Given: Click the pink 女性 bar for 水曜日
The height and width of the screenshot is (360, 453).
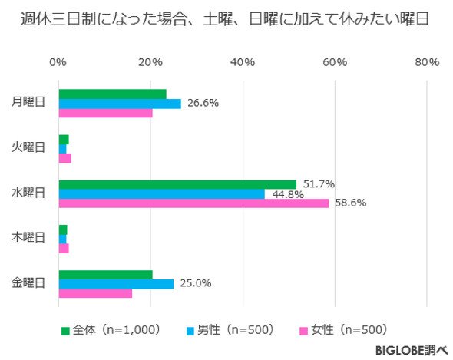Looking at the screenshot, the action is (x=193, y=203).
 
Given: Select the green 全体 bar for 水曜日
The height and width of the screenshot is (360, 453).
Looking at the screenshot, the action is (x=177, y=185).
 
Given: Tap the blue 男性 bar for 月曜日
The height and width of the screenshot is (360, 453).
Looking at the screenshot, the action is (x=120, y=104).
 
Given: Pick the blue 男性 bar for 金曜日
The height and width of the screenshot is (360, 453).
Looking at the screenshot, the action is (x=116, y=284).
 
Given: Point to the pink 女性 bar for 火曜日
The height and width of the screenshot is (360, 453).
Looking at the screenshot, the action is (x=65, y=158).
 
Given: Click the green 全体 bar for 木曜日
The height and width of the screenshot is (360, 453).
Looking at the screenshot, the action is (x=63, y=230).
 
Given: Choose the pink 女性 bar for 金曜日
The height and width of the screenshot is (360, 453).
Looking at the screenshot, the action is (x=96, y=293).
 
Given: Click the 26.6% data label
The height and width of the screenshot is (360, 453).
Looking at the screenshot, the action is (x=203, y=103).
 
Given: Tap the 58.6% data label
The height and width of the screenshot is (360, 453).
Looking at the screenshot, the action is (x=351, y=203).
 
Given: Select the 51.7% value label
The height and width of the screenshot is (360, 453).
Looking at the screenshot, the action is (x=319, y=183).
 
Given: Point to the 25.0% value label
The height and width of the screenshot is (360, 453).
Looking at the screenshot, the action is (x=196, y=283).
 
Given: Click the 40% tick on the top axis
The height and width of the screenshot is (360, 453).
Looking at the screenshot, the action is (x=243, y=62).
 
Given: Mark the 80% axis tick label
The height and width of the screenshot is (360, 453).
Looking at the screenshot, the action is (x=427, y=62).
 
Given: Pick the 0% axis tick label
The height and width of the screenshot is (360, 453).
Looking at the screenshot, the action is (x=58, y=62).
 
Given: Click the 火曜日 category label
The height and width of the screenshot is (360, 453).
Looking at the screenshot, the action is (x=28, y=147).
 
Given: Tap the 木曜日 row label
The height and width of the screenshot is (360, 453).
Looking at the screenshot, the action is (x=28, y=237).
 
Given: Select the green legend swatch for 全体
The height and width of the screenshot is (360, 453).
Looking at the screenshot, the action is (x=65, y=331).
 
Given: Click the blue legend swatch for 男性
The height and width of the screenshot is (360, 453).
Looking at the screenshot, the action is (x=190, y=331).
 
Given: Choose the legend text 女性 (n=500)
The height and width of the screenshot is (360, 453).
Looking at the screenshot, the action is (x=349, y=329).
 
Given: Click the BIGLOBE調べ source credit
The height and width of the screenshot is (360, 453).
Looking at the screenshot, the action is (x=412, y=350).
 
